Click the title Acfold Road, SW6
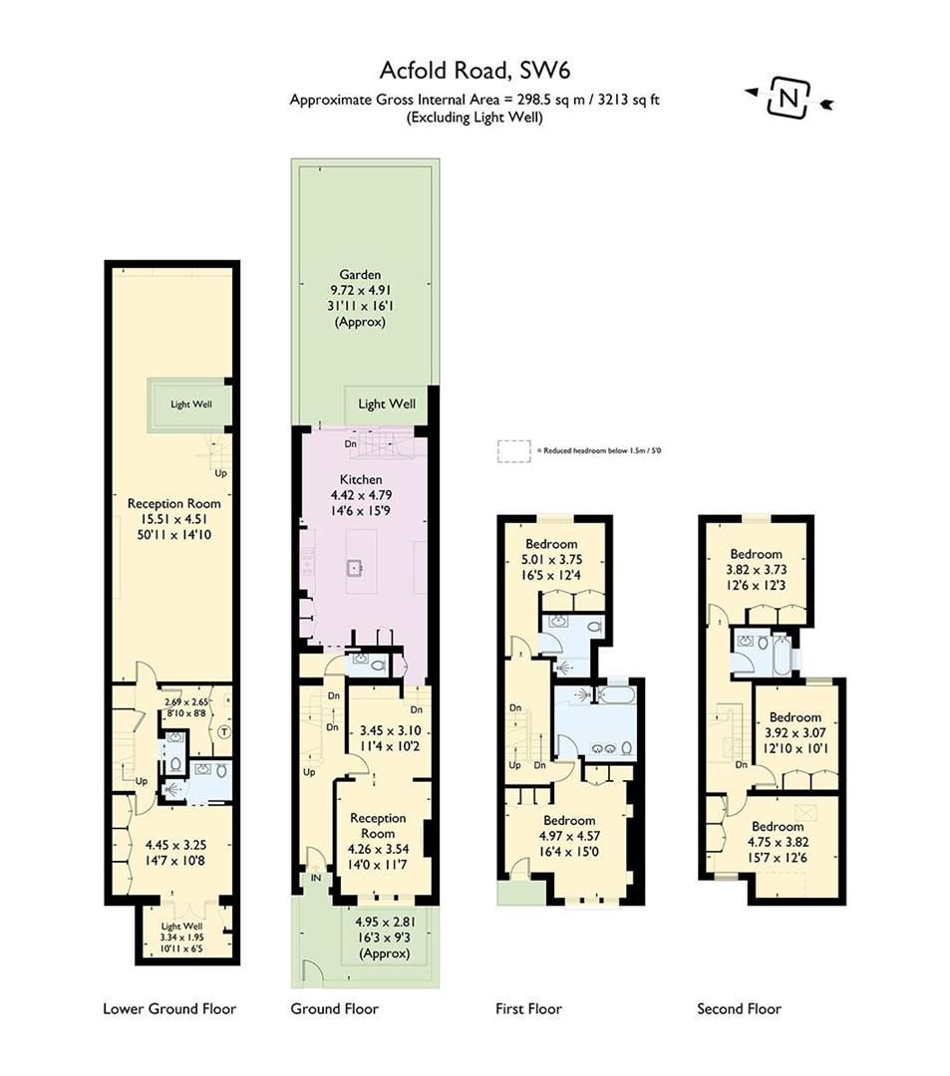click(x=474, y=70)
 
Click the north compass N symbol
click(x=789, y=99)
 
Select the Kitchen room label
click(x=360, y=479)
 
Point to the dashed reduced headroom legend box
click(x=514, y=450)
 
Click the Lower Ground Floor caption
click(x=169, y=1009)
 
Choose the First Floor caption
click(x=528, y=1009)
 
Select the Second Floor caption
click(x=739, y=1009)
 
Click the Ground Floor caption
click(x=334, y=1009)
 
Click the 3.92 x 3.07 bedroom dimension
click(x=794, y=733)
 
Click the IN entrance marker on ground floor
click(x=317, y=878)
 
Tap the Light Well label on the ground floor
click(x=386, y=404)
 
